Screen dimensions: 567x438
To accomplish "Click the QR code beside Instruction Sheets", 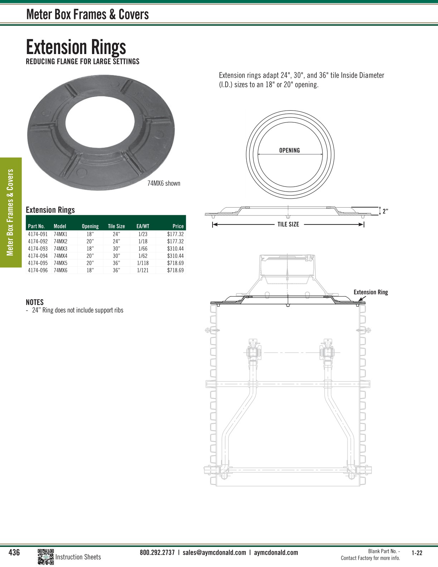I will click(45, 557).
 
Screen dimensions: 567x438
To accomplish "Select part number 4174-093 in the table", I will click(38, 248).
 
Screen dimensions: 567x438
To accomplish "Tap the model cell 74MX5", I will click(60, 263).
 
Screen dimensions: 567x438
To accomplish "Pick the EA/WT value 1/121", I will click(143, 270).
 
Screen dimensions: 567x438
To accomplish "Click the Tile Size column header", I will click(116, 226).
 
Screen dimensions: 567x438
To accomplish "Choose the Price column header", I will click(178, 226).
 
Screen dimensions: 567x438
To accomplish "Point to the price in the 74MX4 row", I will click(175, 256).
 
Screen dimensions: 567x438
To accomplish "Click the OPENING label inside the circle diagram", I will click(289, 150).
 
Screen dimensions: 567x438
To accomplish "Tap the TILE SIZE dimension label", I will click(288, 224).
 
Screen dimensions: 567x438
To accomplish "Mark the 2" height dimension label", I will click(385, 211).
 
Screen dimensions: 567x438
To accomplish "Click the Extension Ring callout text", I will click(371, 292).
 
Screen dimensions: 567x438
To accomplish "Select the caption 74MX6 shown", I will click(164, 183).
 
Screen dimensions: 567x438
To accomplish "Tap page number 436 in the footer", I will click(14, 552).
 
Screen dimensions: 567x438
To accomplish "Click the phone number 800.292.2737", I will click(157, 552).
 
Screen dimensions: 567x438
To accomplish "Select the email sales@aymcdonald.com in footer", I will click(214, 552).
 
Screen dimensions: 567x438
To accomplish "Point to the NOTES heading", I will click(35, 302).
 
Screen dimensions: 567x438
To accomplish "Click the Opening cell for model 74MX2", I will click(90, 241).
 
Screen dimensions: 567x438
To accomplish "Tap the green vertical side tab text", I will click(10, 212).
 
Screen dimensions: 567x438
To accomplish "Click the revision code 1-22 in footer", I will click(417, 553).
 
